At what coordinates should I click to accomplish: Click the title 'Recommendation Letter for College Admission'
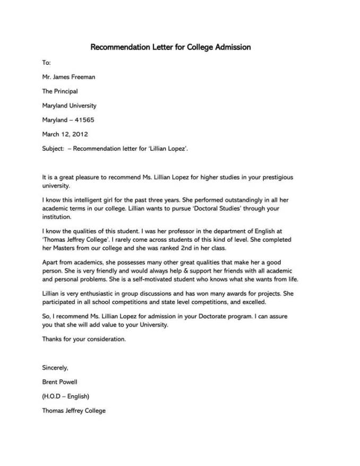tap(170, 47)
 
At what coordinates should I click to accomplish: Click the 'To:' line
tap(46, 63)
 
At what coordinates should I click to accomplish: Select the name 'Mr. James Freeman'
tap(68, 77)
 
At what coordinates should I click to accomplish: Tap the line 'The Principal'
tap(60, 91)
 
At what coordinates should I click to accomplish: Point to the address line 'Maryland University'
tap(69, 106)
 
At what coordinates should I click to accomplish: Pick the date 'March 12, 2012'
tap(65, 134)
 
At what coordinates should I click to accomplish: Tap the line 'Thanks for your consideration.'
tap(84, 339)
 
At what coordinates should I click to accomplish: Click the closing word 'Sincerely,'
tap(55, 368)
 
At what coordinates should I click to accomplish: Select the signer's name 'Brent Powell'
tap(59, 382)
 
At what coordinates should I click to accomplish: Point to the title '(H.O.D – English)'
tap(65, 396)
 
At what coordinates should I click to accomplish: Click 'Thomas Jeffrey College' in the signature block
tap(74, 411)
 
